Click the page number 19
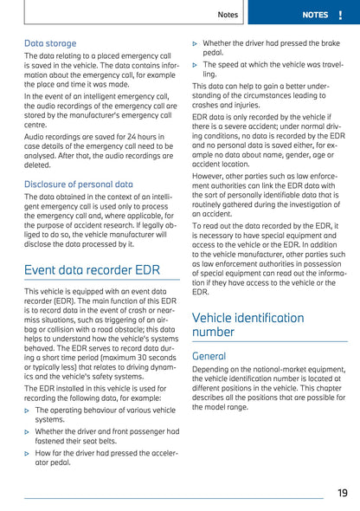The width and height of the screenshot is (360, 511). tap(342, 493)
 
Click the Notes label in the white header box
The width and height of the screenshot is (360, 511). tap(228, 15)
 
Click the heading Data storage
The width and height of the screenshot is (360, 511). tap(50, 42)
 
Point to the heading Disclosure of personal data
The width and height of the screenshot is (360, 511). tap(79, 184)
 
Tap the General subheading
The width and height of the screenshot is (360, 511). tap(209, 356)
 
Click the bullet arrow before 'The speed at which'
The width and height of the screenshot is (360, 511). tap(195, 64)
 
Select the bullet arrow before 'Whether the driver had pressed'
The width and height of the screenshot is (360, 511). tap(195, 42)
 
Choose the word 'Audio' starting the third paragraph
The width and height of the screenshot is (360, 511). tap(35, 137)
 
